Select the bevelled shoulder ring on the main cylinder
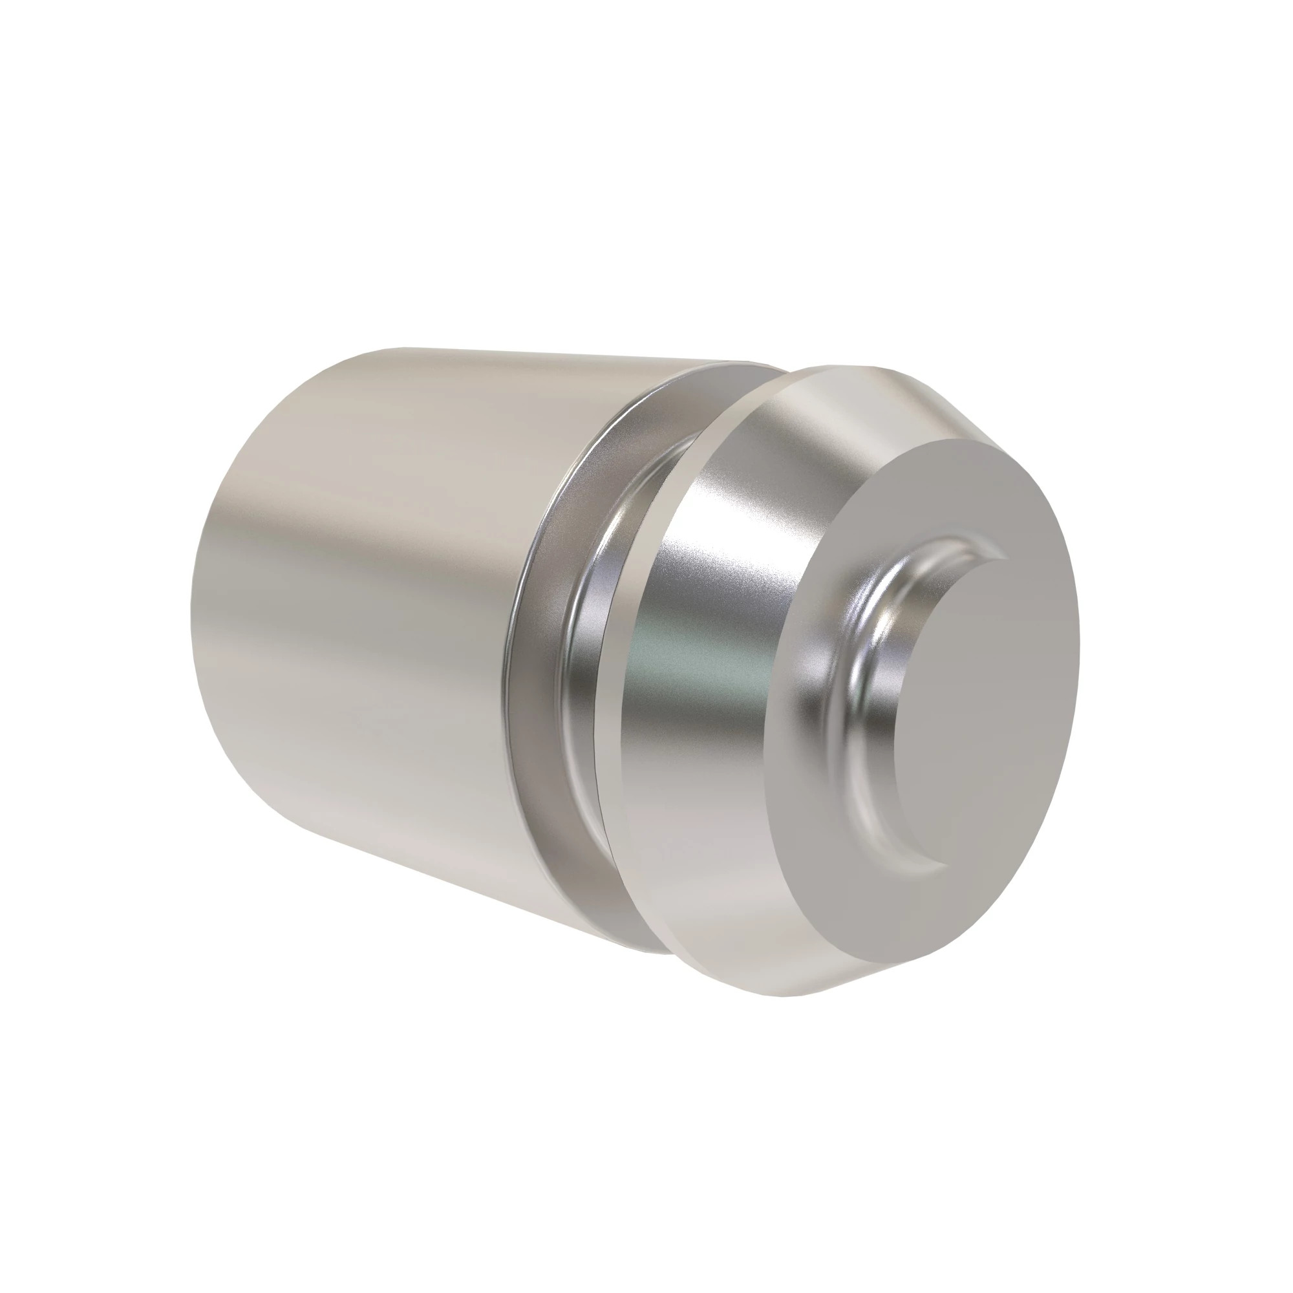click(x=535, y=669)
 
